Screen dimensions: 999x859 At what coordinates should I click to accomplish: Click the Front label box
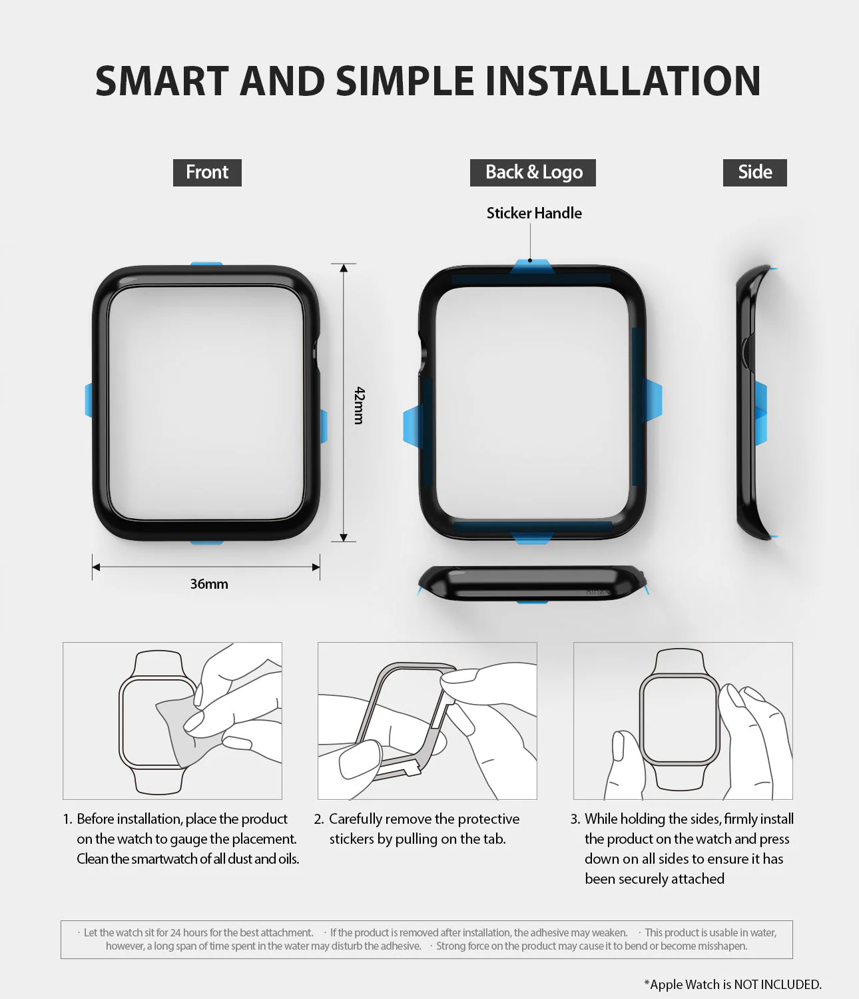pos(207,172)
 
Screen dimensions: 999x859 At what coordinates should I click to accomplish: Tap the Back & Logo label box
pos(533,172)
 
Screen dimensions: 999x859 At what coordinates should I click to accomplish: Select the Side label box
pos(754,172)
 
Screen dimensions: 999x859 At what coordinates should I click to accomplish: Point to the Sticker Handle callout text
pos(534,213)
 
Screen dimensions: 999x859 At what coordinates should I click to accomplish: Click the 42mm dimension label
pos(359,405)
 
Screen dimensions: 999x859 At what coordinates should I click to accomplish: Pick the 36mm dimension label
pos(209,584)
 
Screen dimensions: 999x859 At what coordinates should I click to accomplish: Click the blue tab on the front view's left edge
pos(89,400)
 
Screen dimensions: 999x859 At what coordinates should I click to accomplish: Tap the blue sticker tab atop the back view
pos(532,266)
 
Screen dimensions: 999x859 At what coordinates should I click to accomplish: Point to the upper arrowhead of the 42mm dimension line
pos(344,268)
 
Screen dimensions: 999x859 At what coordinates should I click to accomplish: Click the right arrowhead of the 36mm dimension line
pos(316,567)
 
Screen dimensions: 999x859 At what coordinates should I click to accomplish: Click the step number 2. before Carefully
pos(319,819)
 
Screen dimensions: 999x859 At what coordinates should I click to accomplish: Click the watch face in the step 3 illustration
pos(679,719)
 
